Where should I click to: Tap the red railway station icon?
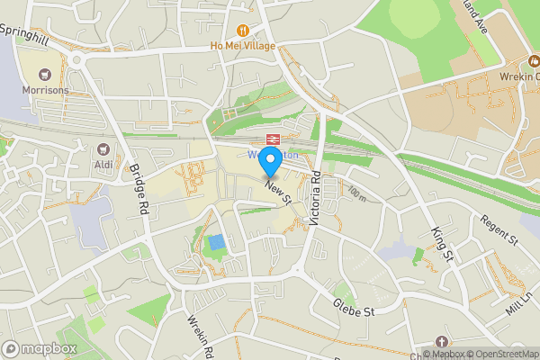269,139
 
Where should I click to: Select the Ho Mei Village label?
243,46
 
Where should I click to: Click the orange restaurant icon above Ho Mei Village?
243,30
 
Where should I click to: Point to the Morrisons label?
45,91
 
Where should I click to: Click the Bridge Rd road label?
139,190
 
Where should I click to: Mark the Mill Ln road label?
519,305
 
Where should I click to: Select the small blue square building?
216,243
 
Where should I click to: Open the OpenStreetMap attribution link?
501,353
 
